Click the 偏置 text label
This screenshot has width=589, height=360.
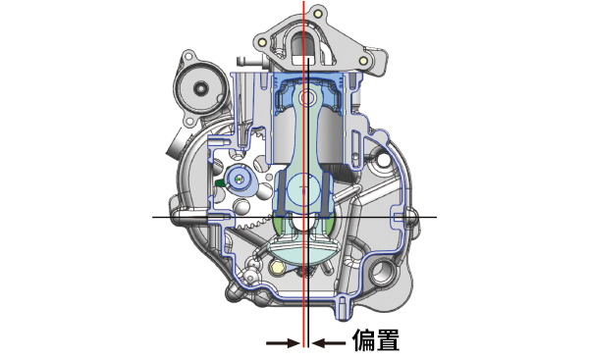tap(376, 339)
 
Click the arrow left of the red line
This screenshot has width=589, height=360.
tap(283, 342)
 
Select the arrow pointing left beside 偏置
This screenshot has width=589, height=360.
tap(329, 342)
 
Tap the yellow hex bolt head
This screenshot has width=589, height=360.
tap(277, 267)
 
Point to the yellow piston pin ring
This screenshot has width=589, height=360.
tap(305, 98)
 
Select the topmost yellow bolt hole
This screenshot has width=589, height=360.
tap(318, 14)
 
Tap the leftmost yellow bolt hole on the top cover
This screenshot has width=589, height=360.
tap(262, 42)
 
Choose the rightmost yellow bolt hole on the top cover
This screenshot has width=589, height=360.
tap(363, 61)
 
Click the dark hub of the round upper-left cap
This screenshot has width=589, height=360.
tap(200, 88)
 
